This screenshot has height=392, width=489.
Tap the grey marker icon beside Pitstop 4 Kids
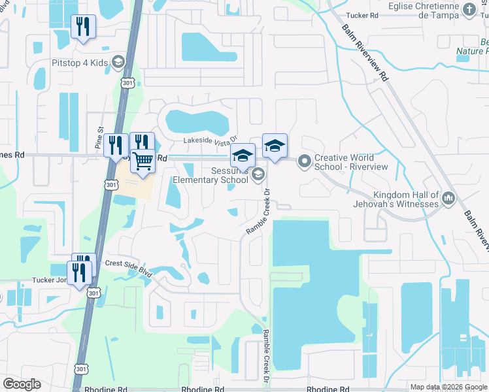[x=118, y=63]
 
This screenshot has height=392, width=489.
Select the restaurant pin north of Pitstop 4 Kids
[x=83, y=27]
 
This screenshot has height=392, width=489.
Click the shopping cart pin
[x=143, y=160]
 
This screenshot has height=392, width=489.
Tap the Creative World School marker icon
[x=304, y=160]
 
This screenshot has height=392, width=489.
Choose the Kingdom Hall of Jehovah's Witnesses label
[x=405, y=199]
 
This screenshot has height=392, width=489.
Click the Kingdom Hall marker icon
[x=448, y=197]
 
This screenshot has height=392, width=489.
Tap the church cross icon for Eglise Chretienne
[x=469, y=8]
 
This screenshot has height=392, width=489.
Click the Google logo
[x=22, y=384]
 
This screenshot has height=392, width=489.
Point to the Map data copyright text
[x=448, y=387]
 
